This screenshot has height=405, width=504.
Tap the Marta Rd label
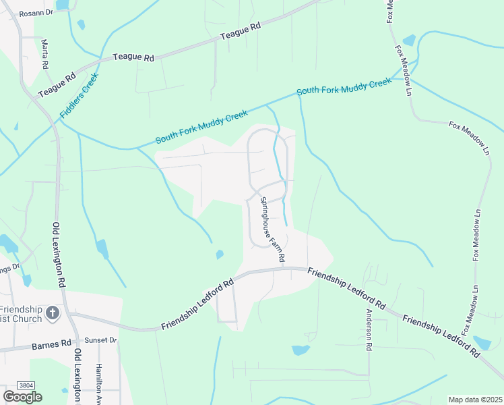click(45, 55)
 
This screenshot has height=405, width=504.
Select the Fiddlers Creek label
click(80, 95)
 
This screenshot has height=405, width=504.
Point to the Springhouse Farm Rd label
click(273, 230)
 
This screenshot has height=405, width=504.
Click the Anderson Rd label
click(369, 329)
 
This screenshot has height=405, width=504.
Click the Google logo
click(22, 397)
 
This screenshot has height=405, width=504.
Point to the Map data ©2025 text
click(475, 400)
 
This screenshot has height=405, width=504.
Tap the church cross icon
click(53, 314)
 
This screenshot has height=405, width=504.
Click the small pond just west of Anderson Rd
click(301, 350)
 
